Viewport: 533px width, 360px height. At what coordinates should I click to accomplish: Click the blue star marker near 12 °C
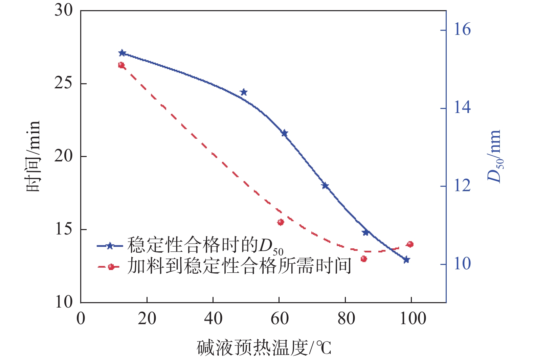click(x=122, y=53)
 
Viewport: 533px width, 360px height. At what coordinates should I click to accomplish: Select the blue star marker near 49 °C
click(x=244, y=92)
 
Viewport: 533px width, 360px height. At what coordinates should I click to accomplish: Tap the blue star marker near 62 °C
click(x=284, y=133)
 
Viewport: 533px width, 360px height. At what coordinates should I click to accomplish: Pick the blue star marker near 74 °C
click(x=325, y=185)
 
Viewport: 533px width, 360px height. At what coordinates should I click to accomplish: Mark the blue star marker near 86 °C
click(x=365, y=232)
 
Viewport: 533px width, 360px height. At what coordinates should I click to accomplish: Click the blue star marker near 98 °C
click(x=406, y=260)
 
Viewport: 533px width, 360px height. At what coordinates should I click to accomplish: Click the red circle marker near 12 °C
click(x=121, y=65)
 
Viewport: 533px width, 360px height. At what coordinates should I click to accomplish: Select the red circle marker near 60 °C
click(x=281, y=222)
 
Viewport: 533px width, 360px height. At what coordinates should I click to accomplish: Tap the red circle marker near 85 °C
click(x=364, y=259)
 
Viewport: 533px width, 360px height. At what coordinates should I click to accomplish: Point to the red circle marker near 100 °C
click(x=410, y=244)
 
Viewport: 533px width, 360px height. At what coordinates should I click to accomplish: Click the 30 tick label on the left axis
click(x=64, y=10)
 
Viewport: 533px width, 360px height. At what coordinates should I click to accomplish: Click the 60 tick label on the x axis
click(x=280, y=319)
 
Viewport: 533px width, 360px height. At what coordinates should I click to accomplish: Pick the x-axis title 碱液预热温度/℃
click(x=264, y=348)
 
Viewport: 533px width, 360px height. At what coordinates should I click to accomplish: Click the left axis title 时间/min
click(x=33, y=156)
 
